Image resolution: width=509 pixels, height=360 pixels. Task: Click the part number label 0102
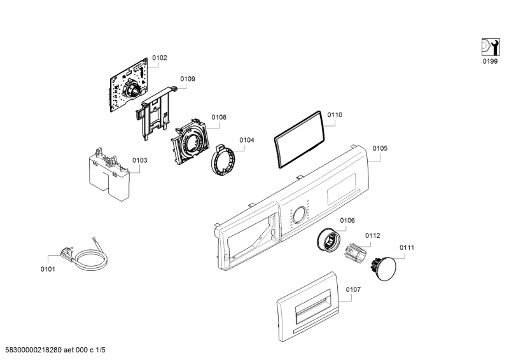(160, 58)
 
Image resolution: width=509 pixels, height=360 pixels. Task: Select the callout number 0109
(188, 79)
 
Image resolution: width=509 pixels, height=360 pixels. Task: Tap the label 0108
(219, 117)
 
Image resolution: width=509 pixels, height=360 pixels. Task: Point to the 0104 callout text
(247, 140)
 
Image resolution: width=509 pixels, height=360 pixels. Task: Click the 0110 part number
(335, 115)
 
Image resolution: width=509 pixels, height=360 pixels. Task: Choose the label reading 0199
(490, 61)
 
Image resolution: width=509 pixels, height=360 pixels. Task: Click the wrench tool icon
(490, 47)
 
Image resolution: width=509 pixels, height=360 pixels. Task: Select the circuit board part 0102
(129, 85)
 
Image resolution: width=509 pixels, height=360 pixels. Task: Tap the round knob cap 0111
(384, 264)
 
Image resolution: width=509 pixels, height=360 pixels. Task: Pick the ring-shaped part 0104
(224, 161)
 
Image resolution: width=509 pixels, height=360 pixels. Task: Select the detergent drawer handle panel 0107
(308, 307)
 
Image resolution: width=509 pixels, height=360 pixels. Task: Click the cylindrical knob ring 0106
(329, 240)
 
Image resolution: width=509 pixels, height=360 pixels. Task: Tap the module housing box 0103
(109, 176)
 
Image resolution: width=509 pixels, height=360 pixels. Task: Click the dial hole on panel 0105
(300, 215)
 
